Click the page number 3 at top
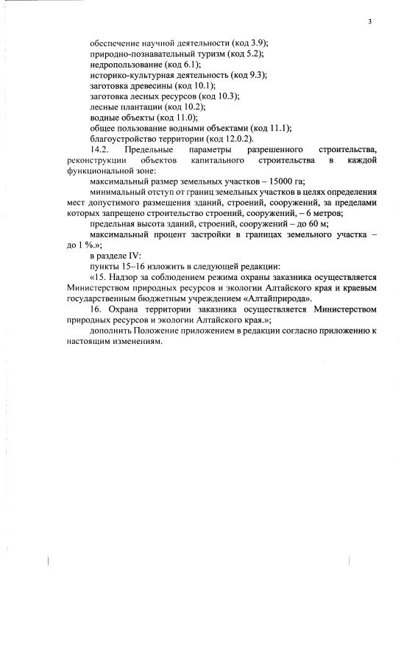pyautogui.click(x=370, y=22)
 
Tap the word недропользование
pyautogui.click(x=122, y=65)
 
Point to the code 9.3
pyautogui.click(x=255, y=75)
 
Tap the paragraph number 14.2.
pyautogui.click(x=100, y=149)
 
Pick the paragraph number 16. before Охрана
pyautogui.click(x=96, y=309)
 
